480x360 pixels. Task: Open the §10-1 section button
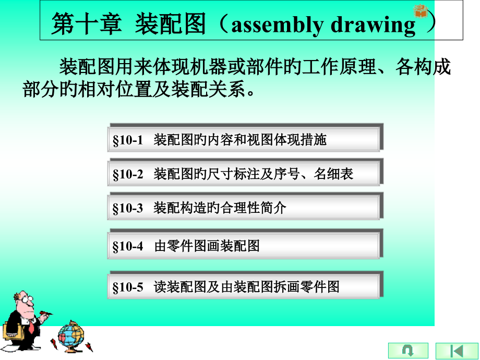[244, 139]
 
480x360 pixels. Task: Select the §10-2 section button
[244, 173]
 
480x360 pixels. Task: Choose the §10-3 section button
[244, 208]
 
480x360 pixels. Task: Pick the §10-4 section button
[244, 245]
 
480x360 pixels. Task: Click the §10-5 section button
[244, 286]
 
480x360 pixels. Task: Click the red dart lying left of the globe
[53, 343]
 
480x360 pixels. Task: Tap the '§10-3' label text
[128, 208]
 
